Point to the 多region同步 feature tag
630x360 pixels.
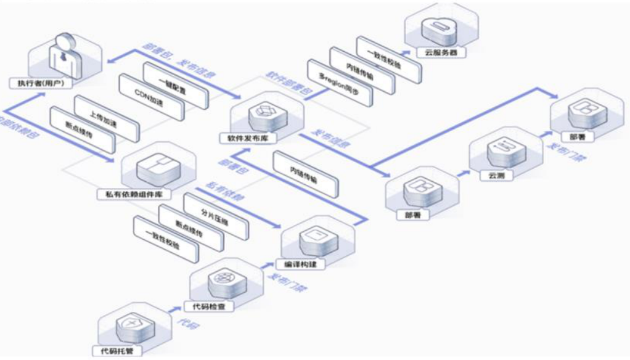[338, 86]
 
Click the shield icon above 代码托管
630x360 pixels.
[126, 322]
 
